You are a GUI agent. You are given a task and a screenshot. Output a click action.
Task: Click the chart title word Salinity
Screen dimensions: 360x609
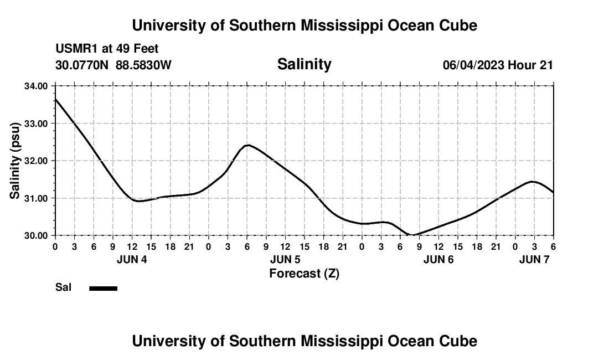click(304, 64)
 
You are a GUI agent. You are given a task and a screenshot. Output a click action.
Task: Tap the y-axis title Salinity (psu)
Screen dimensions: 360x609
click(16, 161)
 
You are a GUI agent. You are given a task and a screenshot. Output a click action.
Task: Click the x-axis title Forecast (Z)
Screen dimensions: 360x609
click(304, 273)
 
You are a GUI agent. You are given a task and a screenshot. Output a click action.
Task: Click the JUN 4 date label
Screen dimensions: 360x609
click(132, 259)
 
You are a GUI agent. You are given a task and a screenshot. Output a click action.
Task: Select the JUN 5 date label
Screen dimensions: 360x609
click(285, 259)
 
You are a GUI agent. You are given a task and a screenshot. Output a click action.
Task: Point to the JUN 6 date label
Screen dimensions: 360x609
click(438, 259)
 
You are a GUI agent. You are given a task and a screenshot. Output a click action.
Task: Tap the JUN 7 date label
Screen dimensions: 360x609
click(534, 259)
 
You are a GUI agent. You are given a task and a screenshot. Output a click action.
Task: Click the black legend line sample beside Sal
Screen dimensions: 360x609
click(103, 288)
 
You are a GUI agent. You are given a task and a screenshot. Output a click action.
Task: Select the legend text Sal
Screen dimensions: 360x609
click(63, 287)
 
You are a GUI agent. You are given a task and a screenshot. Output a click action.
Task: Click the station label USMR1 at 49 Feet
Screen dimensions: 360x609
click(107, 49)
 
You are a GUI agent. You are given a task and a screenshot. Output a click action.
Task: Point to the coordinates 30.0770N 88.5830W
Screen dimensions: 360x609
click(113, 65)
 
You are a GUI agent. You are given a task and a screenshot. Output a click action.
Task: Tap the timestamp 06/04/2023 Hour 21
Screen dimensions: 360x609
click(498, 65)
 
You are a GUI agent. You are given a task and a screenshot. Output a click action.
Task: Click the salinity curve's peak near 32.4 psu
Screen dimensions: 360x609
click(247, 145)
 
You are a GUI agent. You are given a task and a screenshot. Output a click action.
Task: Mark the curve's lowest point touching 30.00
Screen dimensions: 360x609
click(412, 235)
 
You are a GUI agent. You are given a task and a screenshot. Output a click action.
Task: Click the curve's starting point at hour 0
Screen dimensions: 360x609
click(55, 99)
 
